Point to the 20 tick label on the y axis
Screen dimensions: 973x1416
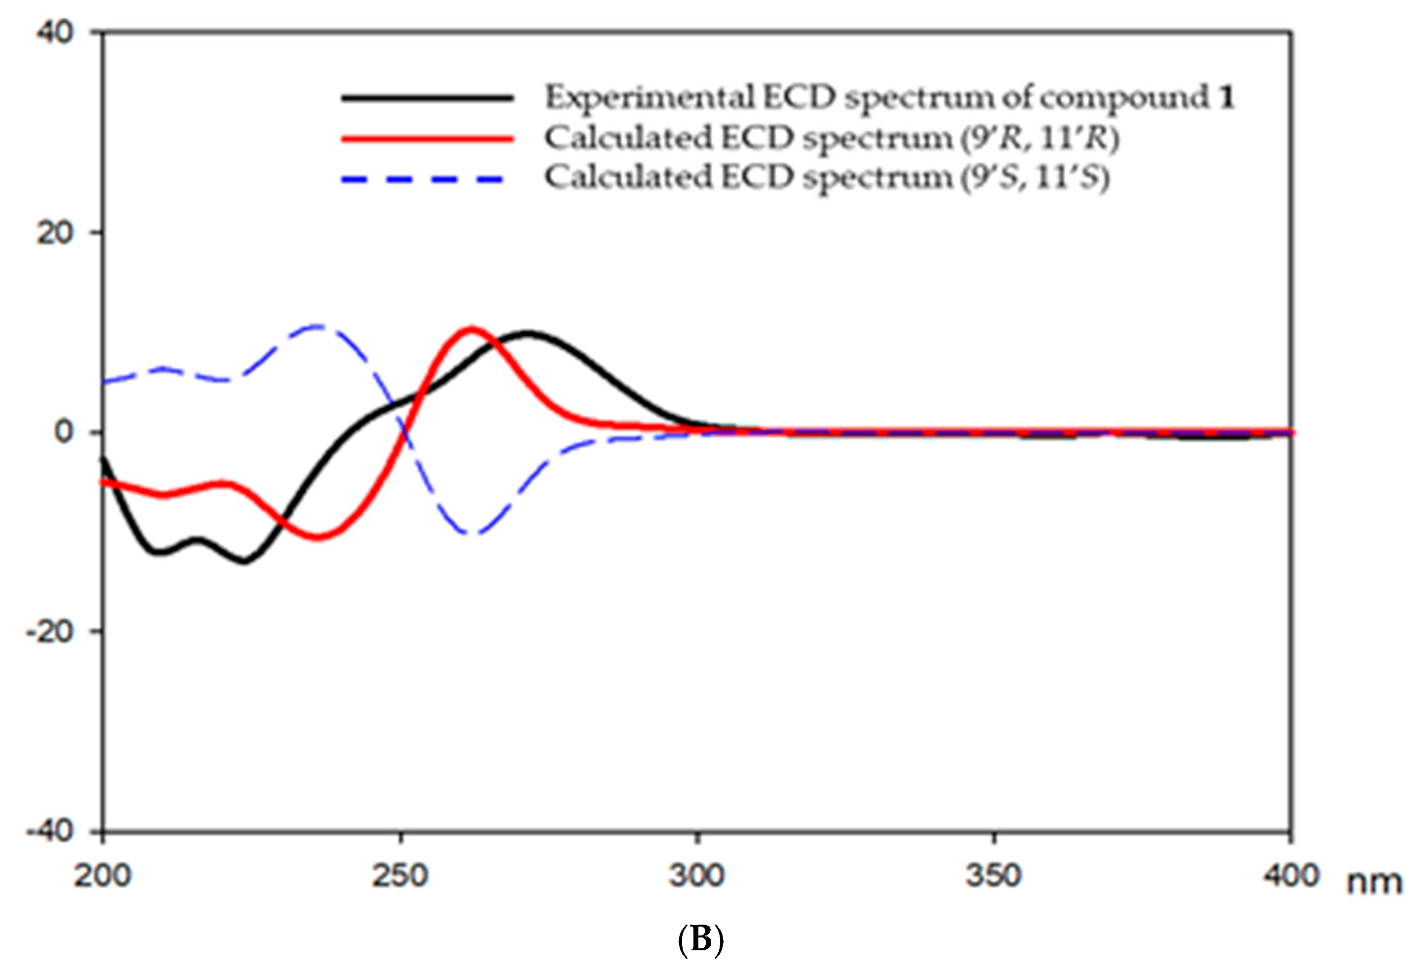(x=54, y=233)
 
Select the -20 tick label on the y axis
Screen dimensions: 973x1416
(x=49, y=631)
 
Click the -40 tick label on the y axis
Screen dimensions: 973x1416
(x=49, y=831)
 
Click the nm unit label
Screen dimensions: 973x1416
(x=1375, y=882)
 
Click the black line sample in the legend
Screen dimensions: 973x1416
(x=427, y=98)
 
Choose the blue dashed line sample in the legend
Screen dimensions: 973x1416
(x=423, y=179)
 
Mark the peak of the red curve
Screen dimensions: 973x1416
(x=471, y=330)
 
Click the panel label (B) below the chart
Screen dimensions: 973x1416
(x=700, y=939)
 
